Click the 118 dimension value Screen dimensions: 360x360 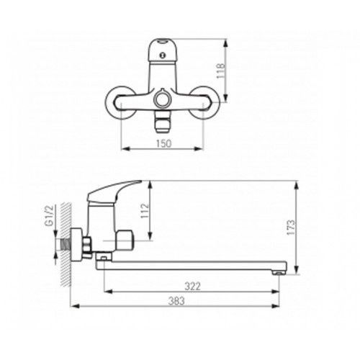220,71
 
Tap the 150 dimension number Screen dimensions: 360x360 164,143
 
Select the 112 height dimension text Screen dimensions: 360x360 145,211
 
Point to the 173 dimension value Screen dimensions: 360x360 291,228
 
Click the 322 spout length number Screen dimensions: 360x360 192,286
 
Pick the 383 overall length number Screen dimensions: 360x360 176,301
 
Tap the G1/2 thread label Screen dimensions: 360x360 49,216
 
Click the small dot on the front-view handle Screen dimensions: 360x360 163,55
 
